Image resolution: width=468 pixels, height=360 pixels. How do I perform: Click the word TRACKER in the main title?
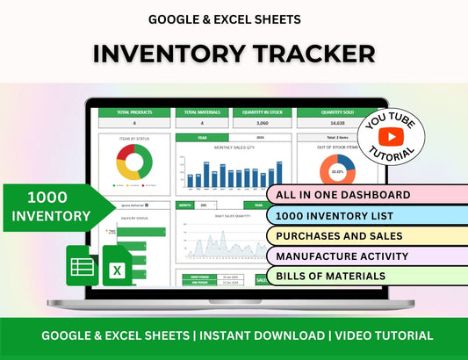[x=301, y=53]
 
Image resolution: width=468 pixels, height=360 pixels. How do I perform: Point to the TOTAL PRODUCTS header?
[x=134, y=112]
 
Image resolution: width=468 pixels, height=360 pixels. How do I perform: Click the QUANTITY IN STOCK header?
[x=261, y=112]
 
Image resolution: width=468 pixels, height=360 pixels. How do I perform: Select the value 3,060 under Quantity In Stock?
[x=261, y=125]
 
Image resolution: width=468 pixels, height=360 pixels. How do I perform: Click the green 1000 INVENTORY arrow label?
[x=58, y=206]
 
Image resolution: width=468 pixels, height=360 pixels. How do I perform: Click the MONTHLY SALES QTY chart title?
[x=233, y=148]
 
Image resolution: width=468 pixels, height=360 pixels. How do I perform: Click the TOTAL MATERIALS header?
[x=201, y=112]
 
